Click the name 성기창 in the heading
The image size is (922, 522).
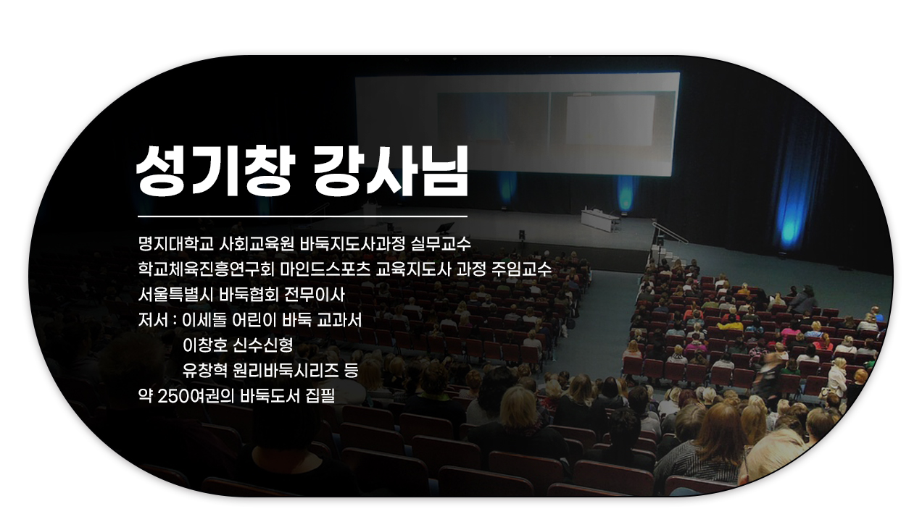[215, 171]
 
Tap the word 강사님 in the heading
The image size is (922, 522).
[391, 171]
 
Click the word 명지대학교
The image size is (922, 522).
[176, 244]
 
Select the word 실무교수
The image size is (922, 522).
[441, 244]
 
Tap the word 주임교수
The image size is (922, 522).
[521, 269]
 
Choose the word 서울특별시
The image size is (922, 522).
[175, 295]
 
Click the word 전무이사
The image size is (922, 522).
[315, 295]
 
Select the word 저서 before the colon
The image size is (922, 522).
[153, 320]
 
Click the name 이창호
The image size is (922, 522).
[204, 345]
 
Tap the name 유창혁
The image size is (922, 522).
[204, 371]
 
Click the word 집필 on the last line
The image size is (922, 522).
[320, 396]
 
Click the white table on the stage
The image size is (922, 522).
[600, 220]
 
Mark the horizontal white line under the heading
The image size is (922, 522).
[302, 216]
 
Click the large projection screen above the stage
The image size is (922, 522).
[517, 123]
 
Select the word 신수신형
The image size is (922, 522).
[262, 345]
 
